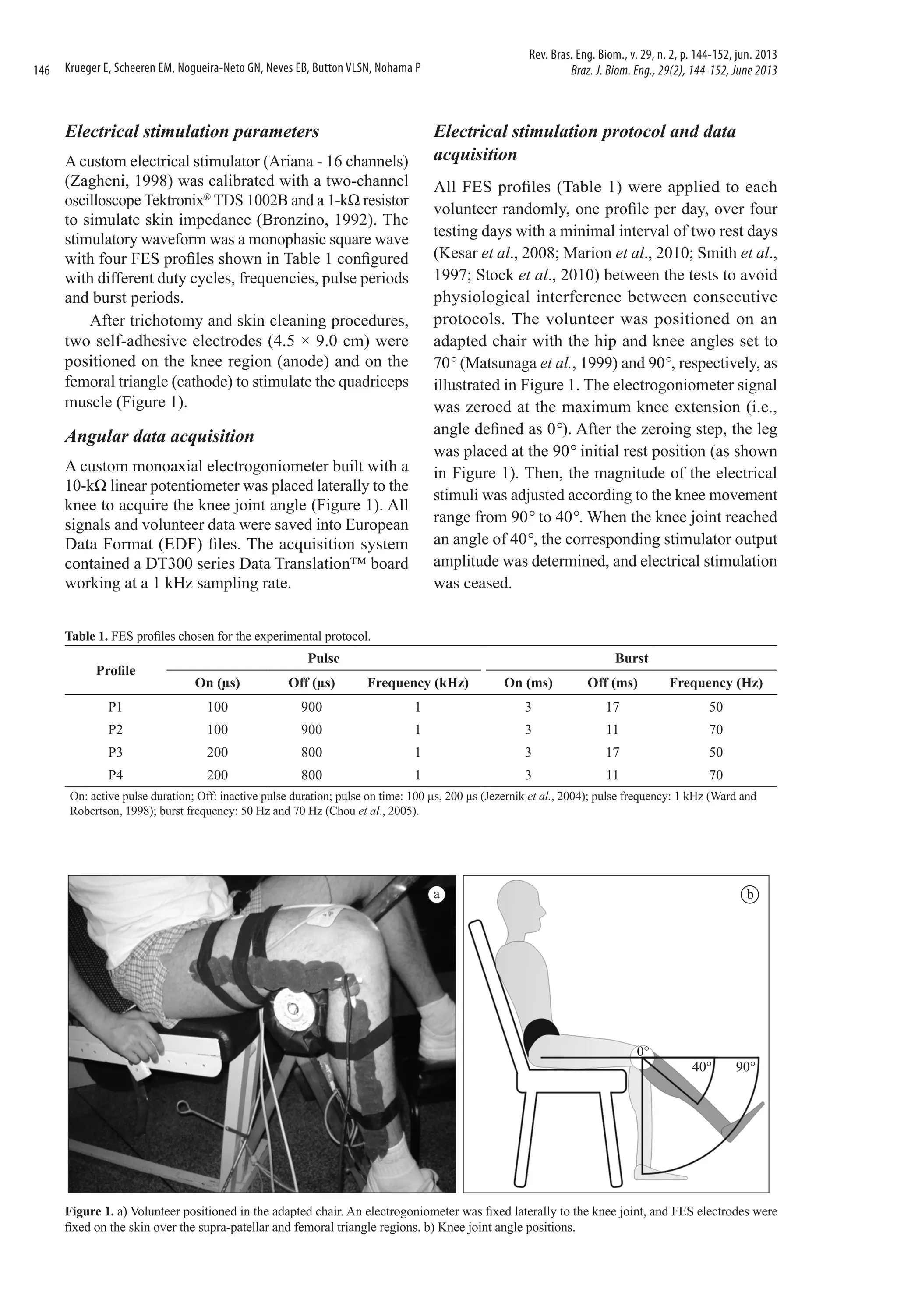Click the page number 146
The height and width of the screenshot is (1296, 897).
point(42,70)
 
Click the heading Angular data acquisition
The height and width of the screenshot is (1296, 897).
point(159,436)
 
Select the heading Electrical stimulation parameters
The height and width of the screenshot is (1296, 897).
point(192,131)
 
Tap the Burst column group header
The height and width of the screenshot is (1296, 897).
point(631,659)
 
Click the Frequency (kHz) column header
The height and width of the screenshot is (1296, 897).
point(417,683)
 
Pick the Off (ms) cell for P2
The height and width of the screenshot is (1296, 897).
point(612,730)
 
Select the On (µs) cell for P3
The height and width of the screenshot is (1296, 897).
point(218,752)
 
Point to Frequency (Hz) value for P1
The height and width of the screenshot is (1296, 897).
point(716,707)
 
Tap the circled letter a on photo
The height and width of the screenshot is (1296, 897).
point(436,895)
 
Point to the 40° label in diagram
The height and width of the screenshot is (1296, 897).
point(701,1066)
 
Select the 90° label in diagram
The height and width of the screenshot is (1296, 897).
point(746,1066)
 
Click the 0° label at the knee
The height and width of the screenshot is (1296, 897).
point(643,1050)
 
